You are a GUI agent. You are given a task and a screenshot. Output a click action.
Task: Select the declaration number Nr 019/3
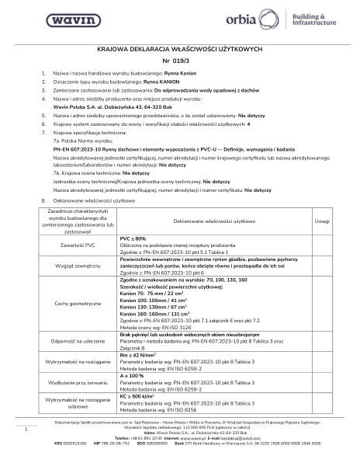(180, 60)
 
